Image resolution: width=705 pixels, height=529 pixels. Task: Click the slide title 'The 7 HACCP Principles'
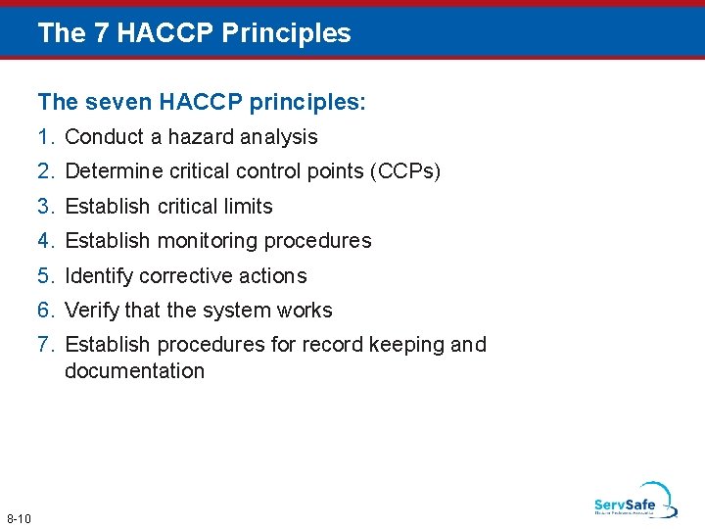coord(194,33)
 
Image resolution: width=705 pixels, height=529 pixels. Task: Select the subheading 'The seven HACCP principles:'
coord(202,102)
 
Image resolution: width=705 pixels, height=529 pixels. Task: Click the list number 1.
coord(46,137)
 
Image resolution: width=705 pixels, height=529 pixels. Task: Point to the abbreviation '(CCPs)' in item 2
coord(405,171)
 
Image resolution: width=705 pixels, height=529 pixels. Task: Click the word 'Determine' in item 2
coord(108,171)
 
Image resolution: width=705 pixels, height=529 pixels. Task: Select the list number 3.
coord(46,207)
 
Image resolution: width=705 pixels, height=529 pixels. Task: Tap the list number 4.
coord(46,241)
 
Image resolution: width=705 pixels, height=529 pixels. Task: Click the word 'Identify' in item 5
coord(99,276)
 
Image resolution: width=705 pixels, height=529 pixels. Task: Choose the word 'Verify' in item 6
coord(92,311)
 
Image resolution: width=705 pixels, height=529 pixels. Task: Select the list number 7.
coord(46,345)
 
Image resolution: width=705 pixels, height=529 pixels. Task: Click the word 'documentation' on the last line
coord(134,371)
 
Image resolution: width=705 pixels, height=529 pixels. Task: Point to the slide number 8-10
coord(19,518)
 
